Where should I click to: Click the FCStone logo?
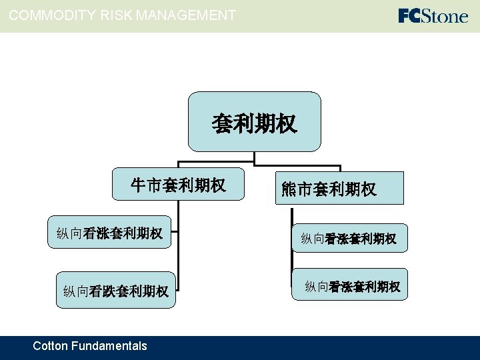click(x=433, y=15)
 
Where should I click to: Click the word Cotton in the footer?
click(x=50, y=345)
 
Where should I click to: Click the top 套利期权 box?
click(x=254, y=122)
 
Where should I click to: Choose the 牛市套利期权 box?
click(x=178, y=185)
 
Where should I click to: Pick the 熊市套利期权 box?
click(x=329, y=189)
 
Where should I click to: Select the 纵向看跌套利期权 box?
click(x=115, y=291)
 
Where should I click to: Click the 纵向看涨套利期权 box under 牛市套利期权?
click(x=109, y=233)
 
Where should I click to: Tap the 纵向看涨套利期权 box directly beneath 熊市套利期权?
click(x=349, y=238)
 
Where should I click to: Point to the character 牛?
click(x=138, y=185)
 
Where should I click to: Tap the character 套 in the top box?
click(x=222, y=123)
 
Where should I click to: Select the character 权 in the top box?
click(x=287, y=123)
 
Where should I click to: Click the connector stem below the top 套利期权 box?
click(x=255, y=158)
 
